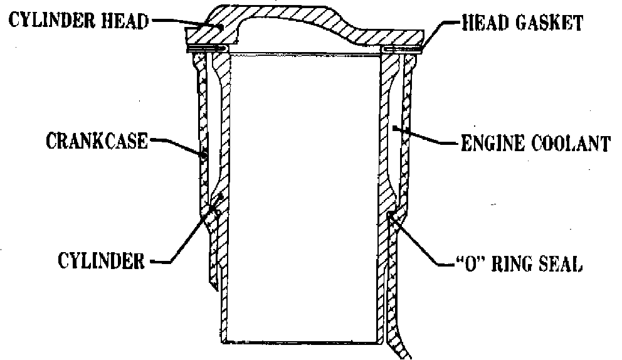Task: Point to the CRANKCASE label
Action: [96, 141]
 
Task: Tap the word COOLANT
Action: [572, 144]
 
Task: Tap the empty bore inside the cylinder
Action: [304, 188]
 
